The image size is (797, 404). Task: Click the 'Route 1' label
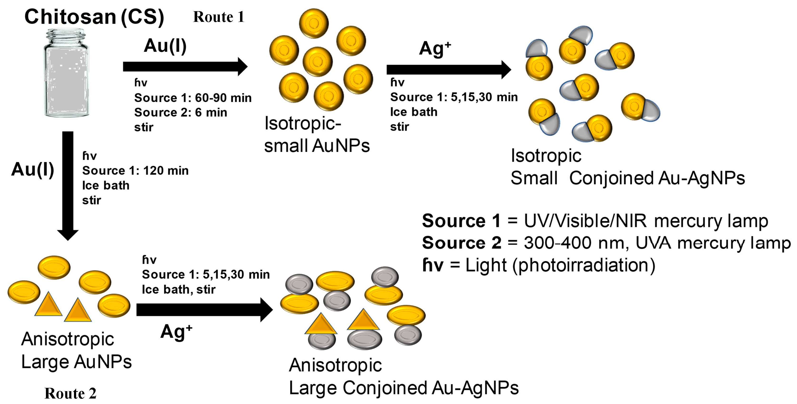[218, 17]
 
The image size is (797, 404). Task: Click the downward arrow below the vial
[68, 186]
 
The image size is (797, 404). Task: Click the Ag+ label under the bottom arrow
[176, 332]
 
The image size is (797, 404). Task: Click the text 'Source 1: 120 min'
[135, 170]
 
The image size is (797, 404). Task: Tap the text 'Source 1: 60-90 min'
[193, 98]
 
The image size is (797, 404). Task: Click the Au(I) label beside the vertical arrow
[33, 170]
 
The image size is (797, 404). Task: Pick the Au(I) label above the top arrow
[165, 46]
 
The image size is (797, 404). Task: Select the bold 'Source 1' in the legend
[461, 221]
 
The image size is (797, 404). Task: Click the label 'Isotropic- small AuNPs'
[316, 135]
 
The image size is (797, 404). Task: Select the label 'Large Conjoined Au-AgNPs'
[403, 388]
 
